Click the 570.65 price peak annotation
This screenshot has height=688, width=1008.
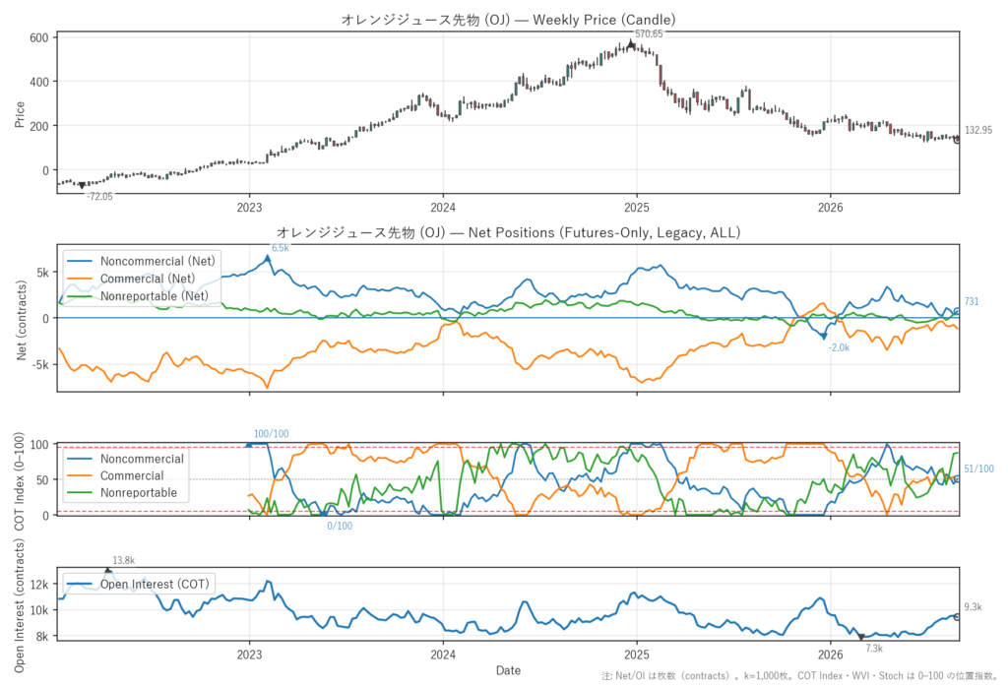point(648,34)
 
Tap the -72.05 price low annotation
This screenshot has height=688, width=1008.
point(99,197)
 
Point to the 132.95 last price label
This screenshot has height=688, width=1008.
point(977,130)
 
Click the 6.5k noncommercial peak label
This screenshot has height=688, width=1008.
point(281,248)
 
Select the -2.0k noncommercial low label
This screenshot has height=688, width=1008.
point(839,347)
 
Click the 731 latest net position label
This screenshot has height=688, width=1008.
point(972,301)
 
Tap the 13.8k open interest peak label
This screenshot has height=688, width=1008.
point(123,560)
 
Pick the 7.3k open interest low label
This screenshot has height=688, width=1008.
point(874,648)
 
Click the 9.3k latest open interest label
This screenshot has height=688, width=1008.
point(974,607)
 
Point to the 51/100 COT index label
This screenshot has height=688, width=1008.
point(978,469)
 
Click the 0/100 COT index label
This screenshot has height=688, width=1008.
point(340,526)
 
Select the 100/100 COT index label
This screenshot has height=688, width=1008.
point(271,434)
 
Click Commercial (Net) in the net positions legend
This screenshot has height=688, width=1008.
point(148,279)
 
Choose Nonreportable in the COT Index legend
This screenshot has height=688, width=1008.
point(138,492)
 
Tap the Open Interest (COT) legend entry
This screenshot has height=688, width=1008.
point(155,584)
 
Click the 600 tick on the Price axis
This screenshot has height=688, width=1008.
point(39,38)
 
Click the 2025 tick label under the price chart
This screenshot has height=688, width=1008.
point(637,207)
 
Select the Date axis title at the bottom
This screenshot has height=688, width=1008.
point(508,670)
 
